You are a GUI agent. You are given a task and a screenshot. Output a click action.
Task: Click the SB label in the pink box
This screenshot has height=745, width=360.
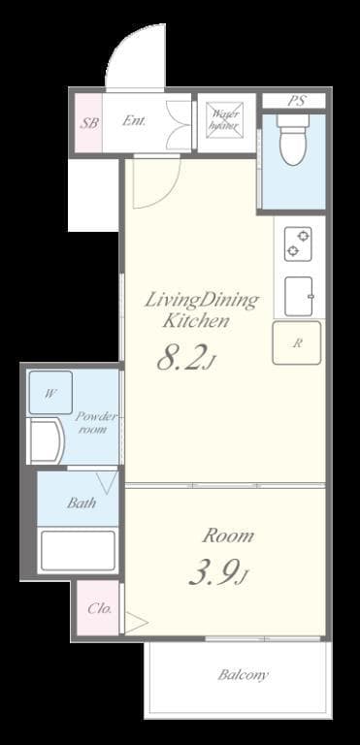89,123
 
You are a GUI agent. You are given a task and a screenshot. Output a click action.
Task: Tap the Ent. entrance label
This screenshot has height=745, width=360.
134,120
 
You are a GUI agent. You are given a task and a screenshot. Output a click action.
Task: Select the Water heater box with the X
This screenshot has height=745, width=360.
225,120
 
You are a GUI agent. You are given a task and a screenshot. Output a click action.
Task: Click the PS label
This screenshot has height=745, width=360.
297,101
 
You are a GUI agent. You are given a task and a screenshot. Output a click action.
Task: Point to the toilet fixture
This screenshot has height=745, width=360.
293,140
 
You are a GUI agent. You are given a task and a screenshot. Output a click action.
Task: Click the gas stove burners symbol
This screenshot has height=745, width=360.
298,243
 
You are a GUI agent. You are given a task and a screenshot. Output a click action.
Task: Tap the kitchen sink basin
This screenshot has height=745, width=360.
299,297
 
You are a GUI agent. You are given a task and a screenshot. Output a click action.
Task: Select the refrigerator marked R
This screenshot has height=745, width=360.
296,343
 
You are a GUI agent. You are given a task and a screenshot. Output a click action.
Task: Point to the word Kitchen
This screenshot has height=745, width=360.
196,321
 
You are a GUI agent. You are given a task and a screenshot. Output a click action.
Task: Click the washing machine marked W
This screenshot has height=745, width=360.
50,393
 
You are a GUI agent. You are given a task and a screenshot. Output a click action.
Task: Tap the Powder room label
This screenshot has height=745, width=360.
95,423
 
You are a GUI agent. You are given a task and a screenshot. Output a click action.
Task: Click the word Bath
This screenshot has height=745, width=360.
82,502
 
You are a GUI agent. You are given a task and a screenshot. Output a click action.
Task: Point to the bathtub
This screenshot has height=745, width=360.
78,550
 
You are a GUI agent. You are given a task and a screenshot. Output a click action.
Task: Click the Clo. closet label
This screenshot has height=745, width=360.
99,608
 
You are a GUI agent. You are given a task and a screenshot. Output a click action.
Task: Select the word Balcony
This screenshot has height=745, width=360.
243,675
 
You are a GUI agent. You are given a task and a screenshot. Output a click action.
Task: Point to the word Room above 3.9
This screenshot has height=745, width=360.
228,535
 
